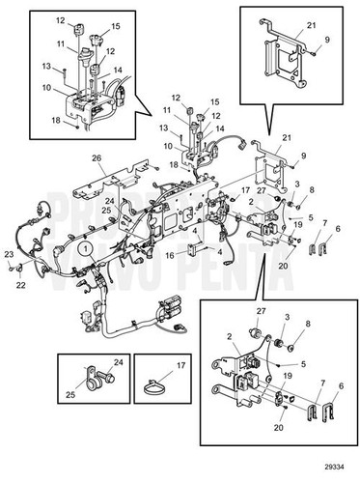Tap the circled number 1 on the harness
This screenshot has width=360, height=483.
(x=86, y=248)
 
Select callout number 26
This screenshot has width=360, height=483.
(x=97, y=157)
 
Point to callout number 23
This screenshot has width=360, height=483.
(x=9, y=254)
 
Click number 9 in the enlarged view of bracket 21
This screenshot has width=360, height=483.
(x=327, y=39)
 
